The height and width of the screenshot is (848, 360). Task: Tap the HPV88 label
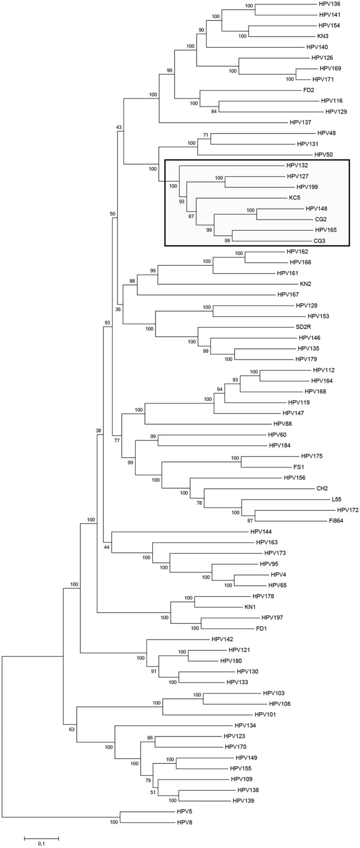coord(283,424)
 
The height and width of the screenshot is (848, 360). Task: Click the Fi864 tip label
coord(337,521)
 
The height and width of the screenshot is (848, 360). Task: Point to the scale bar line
coord(41,837)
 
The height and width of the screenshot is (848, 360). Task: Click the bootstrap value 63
coord(72,729)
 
